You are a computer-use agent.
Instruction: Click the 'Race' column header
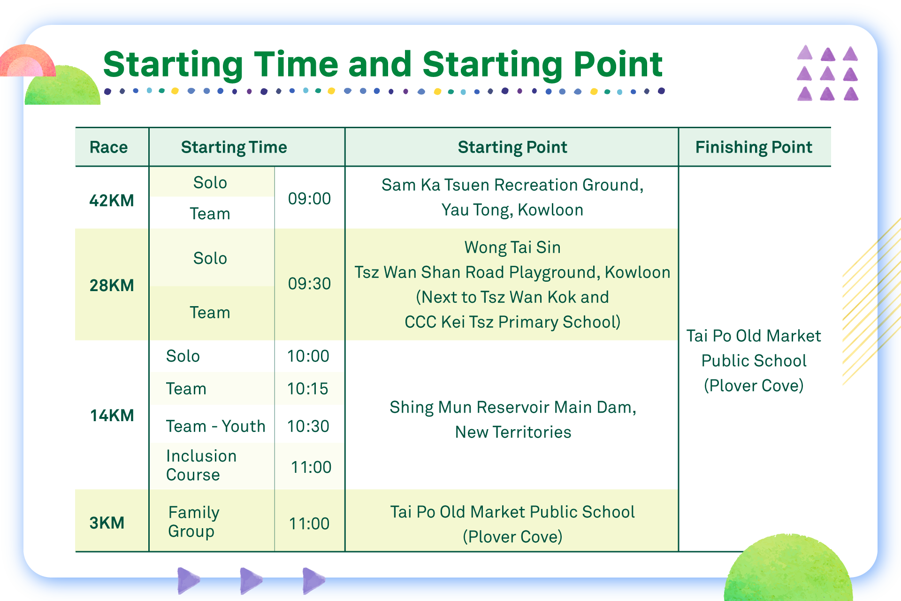(108, 147)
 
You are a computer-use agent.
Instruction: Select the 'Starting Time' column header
(234, 147)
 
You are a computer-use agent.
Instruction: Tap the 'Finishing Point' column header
(754, 147)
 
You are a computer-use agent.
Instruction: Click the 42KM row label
(112, 200)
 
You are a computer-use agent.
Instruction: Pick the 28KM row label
(112, 285)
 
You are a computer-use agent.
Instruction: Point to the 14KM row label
(112, 416)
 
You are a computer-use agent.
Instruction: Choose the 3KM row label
(107, 523)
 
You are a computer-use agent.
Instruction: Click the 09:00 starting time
(309, 199)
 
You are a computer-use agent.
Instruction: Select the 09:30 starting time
(309, 284)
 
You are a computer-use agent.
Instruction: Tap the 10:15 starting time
(308, 389)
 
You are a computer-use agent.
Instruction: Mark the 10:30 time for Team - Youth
(308, 426)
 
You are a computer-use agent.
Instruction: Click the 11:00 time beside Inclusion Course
(311, 467)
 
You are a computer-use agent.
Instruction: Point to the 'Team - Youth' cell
(216, 426)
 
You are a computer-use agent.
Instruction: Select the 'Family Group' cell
(194, 522)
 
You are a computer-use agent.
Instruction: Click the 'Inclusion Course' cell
(201, 465)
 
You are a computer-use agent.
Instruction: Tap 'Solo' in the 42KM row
(210, 183)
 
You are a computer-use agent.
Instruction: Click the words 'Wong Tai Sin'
(512, 247)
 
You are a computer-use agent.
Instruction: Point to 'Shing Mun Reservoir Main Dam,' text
(513, 408)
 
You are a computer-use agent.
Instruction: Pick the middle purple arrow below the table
(251, 580)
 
